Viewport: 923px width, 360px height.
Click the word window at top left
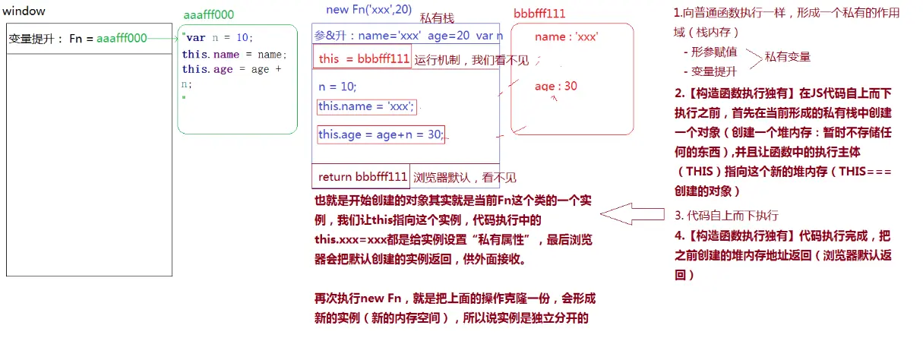tap(24, 11)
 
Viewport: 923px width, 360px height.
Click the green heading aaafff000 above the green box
tap(209, 15)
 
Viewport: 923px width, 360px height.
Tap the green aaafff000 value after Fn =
tap(122, 38)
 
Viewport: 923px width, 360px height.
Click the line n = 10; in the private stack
tap(337, 86)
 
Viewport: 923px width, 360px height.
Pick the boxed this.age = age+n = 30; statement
tap(381, 134)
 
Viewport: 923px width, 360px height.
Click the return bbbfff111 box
tap(362, 177)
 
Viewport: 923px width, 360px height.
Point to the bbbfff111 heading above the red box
tap(539, 14)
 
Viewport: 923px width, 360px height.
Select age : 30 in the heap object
tap(555, 86)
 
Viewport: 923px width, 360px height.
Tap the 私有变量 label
tap(787, 56)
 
